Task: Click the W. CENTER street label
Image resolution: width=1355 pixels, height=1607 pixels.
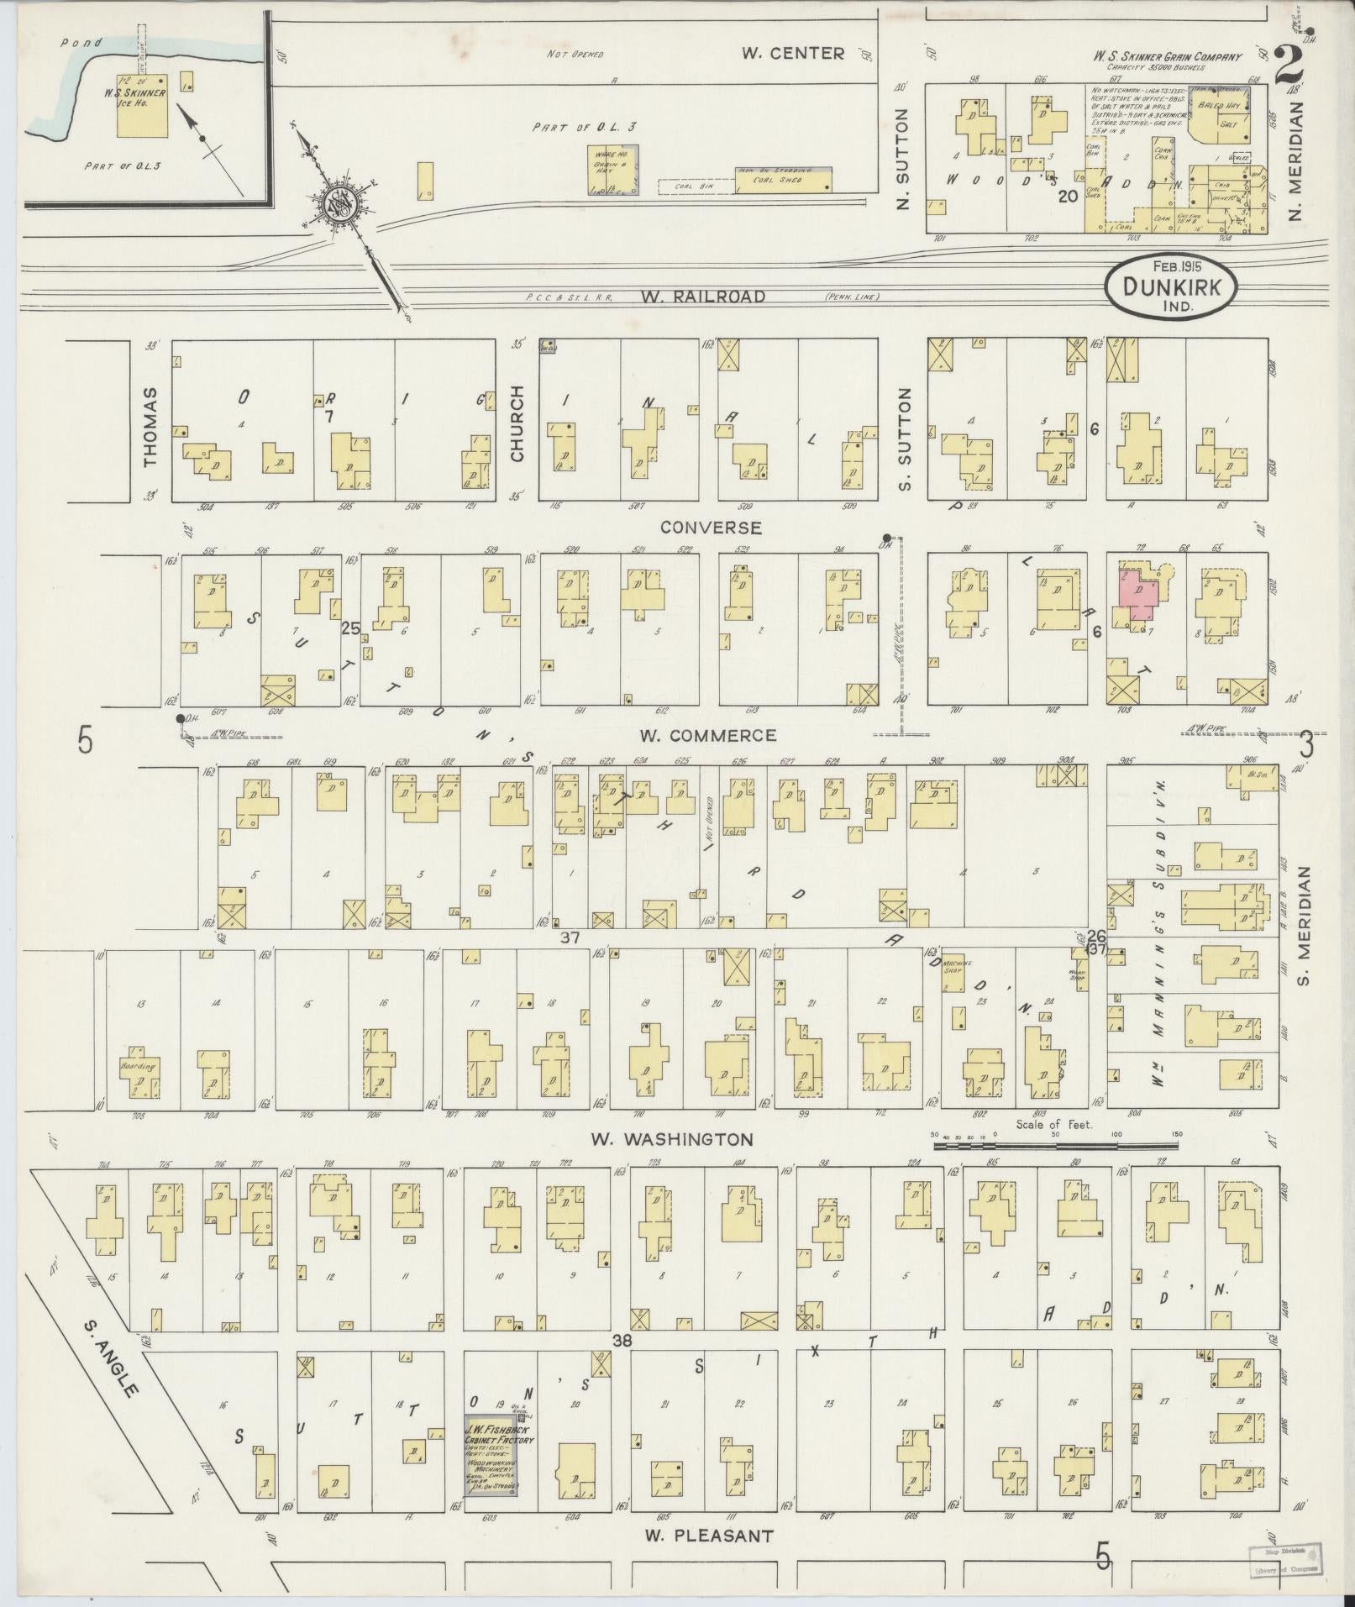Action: [792, 54]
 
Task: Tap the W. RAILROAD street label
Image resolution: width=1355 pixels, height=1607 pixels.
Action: [702, 297]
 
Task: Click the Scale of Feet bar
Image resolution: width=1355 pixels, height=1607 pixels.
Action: [1055, 1143]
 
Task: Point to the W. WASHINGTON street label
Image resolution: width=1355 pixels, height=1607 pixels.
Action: [671, 1140]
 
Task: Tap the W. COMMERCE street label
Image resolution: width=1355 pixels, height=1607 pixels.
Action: [707, 736]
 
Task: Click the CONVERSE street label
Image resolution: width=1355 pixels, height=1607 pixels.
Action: [710, 528]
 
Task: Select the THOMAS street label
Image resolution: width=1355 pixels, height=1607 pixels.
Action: [151, 427]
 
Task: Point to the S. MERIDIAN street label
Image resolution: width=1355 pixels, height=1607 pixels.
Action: [1305, 926]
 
